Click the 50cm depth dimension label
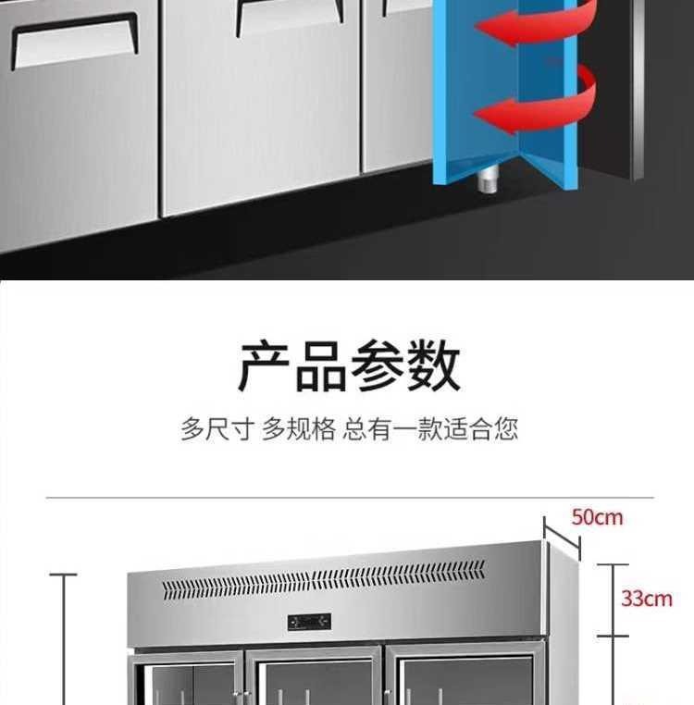tap(597, 517)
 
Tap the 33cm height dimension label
tap(646, 599)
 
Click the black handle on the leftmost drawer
tap(73, 37)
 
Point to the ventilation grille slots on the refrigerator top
tap(324, 580)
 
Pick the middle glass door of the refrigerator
tap(315, 680)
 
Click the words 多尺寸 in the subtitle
tap(217, 429)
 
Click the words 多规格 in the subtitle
tap(298, 429)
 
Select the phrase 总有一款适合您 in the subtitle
tap(430, 429)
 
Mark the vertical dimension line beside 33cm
tap(612, 600)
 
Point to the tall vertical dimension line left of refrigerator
tap(64, 638)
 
